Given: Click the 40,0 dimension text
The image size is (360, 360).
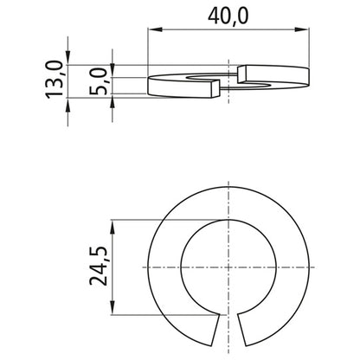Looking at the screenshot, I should pyautogui.click(x=228, y=15).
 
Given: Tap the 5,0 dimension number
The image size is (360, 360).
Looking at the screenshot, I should pyautogui.click(x=102, y=80).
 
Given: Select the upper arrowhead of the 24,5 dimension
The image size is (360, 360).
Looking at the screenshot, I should pyautogui.click(x=116, y=225).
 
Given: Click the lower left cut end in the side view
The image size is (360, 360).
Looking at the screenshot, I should pyautogui.click(x=213, y=86).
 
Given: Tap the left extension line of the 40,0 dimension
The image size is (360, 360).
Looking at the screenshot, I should pyautogui.click(x=149, y=52).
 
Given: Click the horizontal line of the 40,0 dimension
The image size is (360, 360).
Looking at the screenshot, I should pyautogui.click(x=228, y=32).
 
